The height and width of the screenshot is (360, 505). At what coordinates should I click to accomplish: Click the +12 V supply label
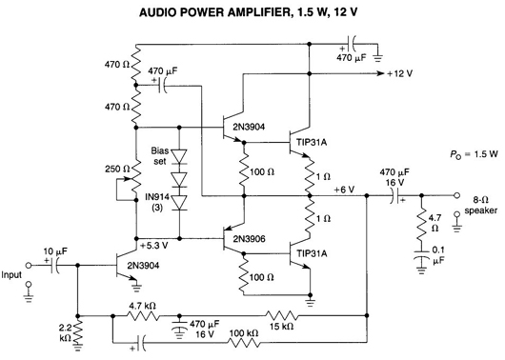click(x=399, y=73)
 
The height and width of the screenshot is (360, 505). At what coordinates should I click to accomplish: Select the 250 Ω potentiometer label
click(x=117, y=169)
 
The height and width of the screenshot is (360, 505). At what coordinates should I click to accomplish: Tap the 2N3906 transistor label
click(x=250, y=239)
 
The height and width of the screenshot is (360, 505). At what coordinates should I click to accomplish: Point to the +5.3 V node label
click(x=154, y=246)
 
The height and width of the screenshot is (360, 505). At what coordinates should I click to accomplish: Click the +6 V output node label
click(x=344, y=190)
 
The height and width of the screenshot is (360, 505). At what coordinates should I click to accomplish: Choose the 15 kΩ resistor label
click(x=281, y=327)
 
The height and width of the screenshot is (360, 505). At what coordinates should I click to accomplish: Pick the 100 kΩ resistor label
click(x=244, y=333)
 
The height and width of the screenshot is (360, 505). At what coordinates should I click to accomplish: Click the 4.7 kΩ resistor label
click(x=143, y=306)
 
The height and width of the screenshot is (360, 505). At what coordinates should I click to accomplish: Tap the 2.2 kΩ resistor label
click(x=65, y=333)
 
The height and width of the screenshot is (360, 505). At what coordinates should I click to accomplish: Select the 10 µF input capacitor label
click(x=55, y=251)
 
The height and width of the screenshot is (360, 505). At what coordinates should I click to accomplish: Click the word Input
click(x=11, y=274)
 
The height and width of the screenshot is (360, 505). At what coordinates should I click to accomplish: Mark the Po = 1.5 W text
click(x=474, y=154)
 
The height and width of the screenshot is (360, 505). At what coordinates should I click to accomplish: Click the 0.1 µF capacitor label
click(x=438, y=255)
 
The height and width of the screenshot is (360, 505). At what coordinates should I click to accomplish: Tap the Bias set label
click(x=160, y=156)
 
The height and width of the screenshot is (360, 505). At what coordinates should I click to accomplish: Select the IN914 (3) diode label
click(x=157, y=202)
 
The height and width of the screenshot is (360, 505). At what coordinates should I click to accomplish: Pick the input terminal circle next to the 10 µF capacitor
click(x=29, y=265)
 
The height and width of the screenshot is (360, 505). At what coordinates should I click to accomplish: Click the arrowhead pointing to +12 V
click(x=381, y=73)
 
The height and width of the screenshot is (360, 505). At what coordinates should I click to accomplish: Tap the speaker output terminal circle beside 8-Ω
click(x=456, y=195)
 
